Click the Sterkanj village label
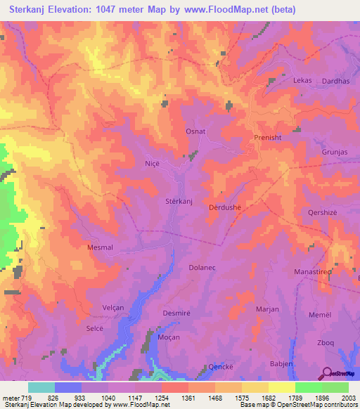click(x=179, y=202)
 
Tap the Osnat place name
click(x=195, y=131)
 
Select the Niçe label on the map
click(x=153, y=162)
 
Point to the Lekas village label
click(x=302, y=81)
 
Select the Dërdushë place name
click(x=225, y=208)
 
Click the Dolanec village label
click(x=205, y=268)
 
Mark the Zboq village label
click(x=326, y=342)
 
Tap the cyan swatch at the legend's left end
click(x=41, y=387)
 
